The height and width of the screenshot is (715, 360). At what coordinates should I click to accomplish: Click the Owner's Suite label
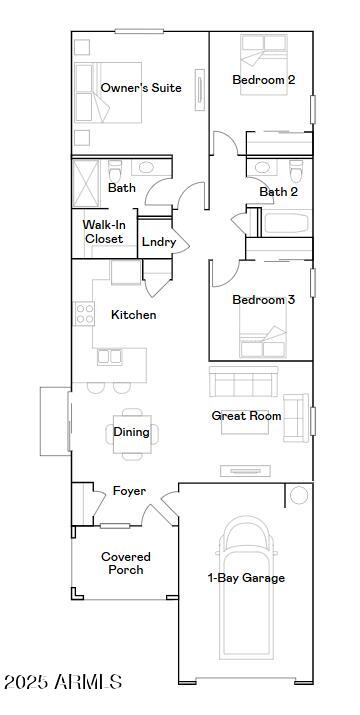(141, 88)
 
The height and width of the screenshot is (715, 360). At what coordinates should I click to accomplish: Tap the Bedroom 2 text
(263, 80)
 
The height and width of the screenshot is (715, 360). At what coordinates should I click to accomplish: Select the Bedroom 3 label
(263, 300)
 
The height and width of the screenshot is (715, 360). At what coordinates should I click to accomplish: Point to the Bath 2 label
(279, 192)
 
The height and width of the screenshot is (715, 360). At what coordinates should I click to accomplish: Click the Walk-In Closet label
(103, 232)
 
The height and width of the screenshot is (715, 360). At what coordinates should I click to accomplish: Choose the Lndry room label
(159, 242)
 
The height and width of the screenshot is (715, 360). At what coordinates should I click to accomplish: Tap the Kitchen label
(133, 315)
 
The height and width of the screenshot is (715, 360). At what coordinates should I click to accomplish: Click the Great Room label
(246, 416)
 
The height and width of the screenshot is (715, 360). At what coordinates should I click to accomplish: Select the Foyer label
(129, 491)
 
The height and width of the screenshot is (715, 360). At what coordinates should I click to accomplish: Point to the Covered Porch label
(126, 563)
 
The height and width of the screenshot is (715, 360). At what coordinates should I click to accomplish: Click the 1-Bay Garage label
(246, 578)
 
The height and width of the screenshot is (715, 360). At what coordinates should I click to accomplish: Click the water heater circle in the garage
(299, 496)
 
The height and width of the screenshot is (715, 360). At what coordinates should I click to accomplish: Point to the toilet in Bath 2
(295, 168)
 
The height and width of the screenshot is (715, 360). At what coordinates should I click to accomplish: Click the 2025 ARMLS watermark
(63, 682)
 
